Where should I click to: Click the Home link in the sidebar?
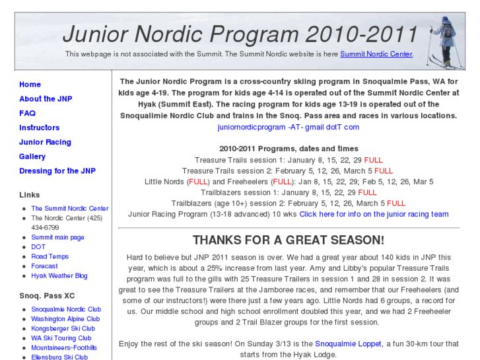coord(30,85)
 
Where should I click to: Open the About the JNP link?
coord(46,99)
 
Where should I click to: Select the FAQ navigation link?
coord(27,114)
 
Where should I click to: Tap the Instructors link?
coord(39,128)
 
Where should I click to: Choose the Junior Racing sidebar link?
coord(45,143)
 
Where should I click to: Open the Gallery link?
coord(32,157)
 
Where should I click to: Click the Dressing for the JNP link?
coord(57,172)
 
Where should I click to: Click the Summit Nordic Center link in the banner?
coord(376,54)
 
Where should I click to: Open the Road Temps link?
coord(50,256)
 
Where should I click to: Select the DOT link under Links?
coord(38,247)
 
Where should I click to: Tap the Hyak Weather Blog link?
coord(59,275)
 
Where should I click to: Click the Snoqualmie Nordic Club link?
coord(66,309)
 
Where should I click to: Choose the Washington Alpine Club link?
coord(65,319)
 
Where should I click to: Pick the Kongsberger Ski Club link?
coord(63,328)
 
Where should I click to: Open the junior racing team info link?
coord(374,214)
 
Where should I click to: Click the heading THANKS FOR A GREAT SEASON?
coord(288,240)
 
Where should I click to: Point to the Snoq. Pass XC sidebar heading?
coord(47,295)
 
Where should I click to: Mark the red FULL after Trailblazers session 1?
coord(368,193)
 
